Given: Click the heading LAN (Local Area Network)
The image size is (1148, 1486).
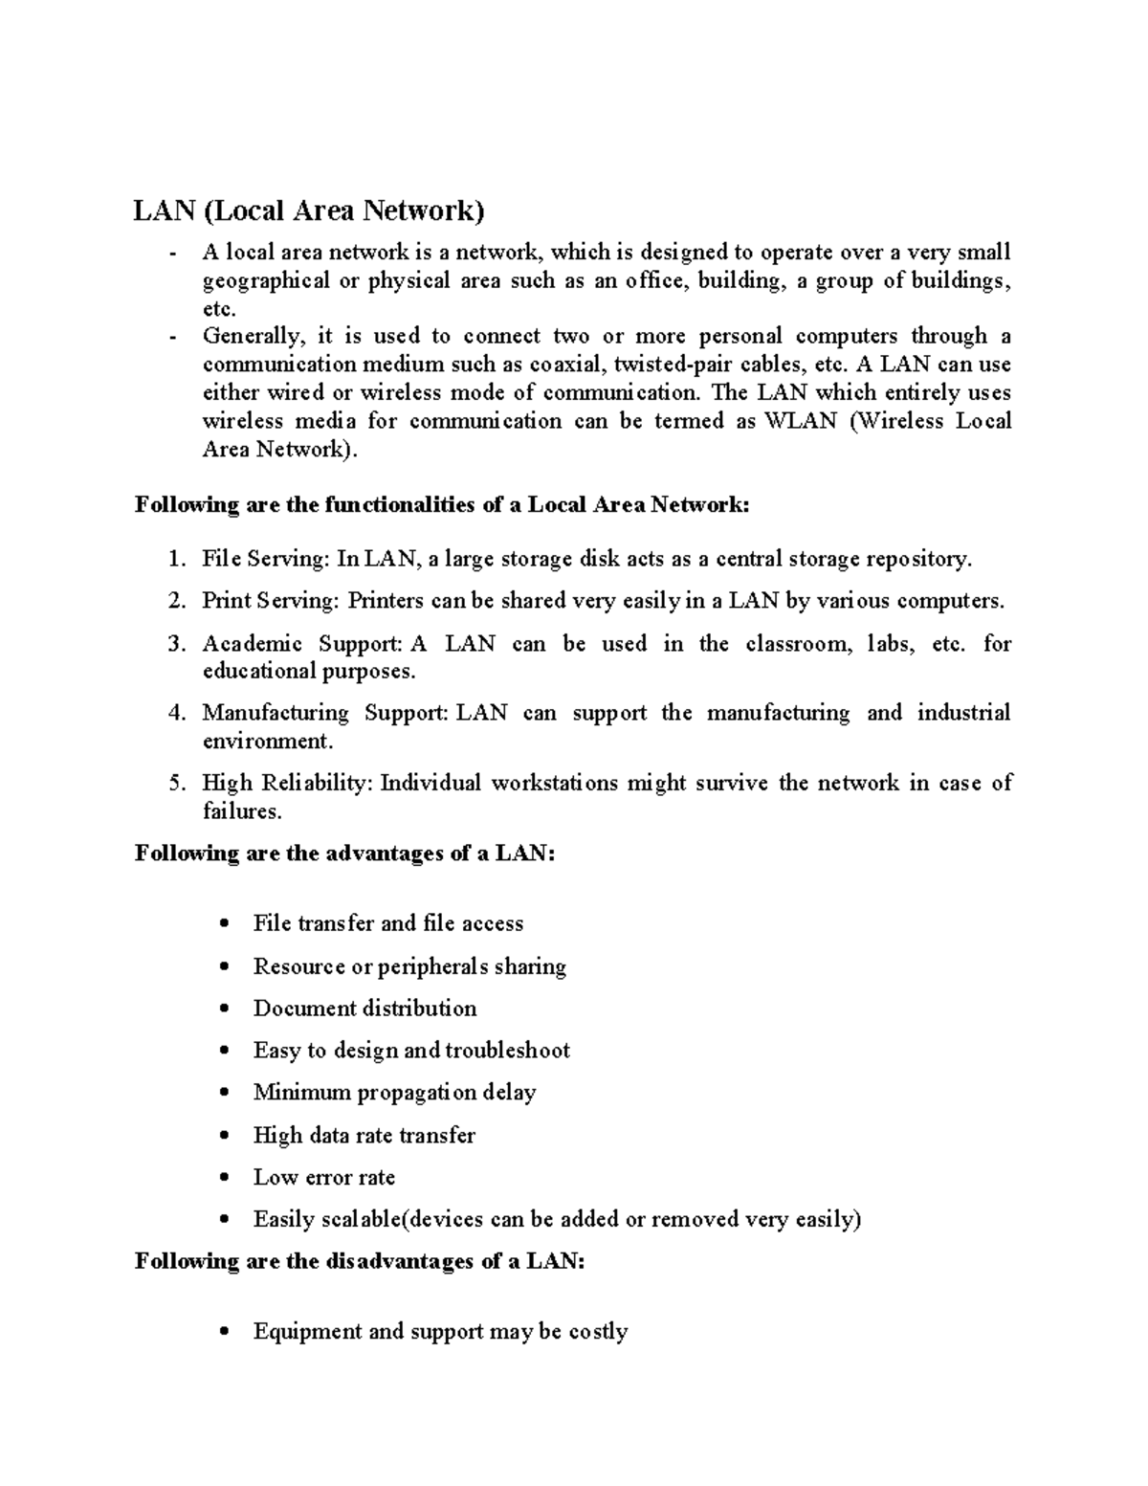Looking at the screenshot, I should (x=309, y=211).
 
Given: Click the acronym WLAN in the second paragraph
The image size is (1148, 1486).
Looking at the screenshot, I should (x=801, y=421).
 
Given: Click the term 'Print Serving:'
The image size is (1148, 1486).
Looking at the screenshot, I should (x=270, y=601).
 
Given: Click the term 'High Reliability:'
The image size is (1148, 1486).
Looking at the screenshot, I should (x=288, y=783).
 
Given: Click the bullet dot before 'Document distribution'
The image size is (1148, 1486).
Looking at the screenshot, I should (x=224, y=1009).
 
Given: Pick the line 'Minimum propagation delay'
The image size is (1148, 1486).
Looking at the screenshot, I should (x=394, y=1093).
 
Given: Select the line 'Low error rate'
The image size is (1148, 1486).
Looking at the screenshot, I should (x=323, y=1177).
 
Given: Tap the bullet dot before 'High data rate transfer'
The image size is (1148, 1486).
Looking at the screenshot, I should (x=224, y=1136).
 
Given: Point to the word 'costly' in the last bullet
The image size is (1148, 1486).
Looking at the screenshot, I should (x=598, y=1332).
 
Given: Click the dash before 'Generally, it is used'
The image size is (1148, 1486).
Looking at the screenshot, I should (x=172, y=337).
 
